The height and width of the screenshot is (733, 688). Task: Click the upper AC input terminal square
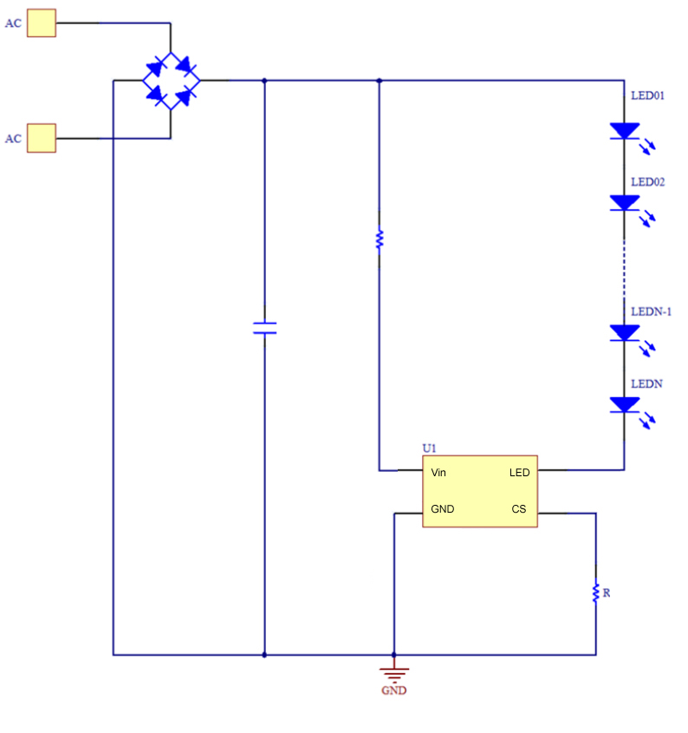coord(41,23)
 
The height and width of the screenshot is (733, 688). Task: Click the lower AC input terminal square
coord(41,138)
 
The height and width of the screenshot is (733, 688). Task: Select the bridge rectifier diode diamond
coord(171,81)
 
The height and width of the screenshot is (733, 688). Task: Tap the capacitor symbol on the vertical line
coord(264,328)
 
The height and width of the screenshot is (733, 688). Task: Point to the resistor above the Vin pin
coord(379,239)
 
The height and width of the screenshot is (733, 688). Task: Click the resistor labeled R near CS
coord(595,592)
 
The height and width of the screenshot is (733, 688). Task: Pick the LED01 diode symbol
coord(624,131)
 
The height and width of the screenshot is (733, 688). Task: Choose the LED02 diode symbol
coord(624,203)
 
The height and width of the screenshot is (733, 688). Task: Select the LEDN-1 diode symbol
coord(624,332)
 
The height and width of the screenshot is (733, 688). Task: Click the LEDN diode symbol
coord(624,405)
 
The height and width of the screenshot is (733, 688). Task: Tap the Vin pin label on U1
coord(438,473)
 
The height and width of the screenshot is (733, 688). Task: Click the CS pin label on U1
coord(518,509)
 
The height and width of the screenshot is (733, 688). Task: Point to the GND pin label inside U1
coord(442,509)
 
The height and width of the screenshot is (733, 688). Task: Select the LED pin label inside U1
coord(519,473)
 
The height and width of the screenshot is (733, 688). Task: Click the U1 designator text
coord(429,448)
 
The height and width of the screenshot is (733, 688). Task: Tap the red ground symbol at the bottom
coord(394,671)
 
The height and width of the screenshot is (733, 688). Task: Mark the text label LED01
coord(647,95)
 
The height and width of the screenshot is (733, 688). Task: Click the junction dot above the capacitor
coord(264,81)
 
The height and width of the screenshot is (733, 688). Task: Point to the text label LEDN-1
coord(651,311)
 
